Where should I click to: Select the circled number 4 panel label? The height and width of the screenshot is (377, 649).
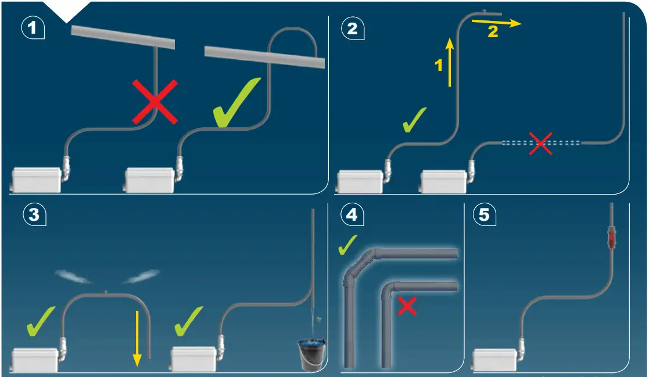pos(352,214)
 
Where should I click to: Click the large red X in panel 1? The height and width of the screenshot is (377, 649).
pos(155,102)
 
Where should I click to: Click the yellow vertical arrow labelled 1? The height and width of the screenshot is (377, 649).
pos(450,61)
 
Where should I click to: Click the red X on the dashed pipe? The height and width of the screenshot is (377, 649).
pos(540,143)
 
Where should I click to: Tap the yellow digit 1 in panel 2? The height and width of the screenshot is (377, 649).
pos(439,66)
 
